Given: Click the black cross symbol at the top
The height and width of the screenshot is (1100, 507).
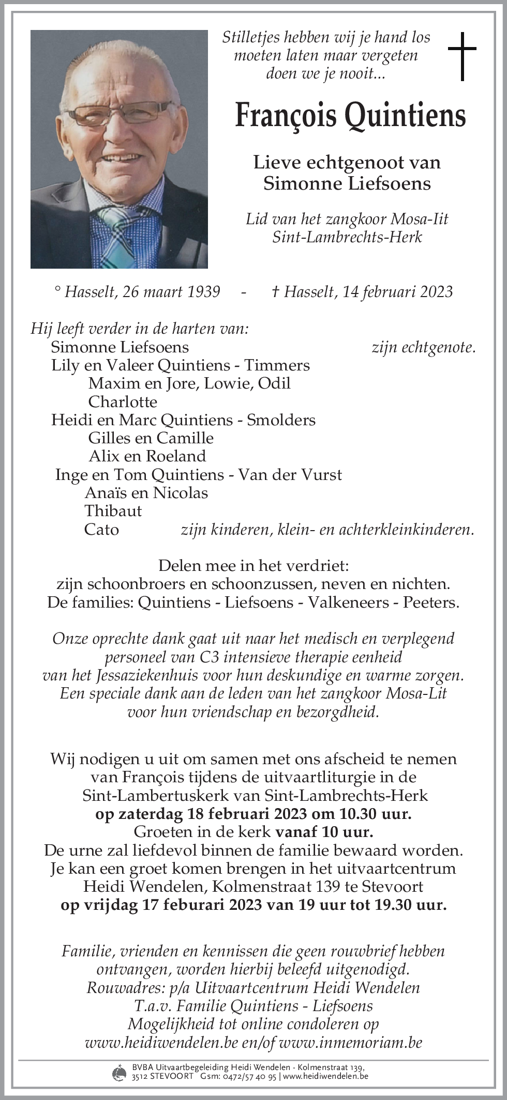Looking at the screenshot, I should (x=461, y=56).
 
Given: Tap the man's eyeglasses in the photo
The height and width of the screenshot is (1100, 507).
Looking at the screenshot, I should (x=119, y=116).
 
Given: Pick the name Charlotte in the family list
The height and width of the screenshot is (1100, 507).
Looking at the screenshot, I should (x=123, y=401).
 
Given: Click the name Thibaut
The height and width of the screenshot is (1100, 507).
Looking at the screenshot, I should (x=113, y=511).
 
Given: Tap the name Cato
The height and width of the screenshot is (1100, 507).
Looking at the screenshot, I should (x=101, y=530).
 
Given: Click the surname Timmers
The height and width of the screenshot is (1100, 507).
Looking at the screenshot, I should (x=277, y=365).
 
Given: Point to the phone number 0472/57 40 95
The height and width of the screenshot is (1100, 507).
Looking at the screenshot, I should (x=250, y=1077).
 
